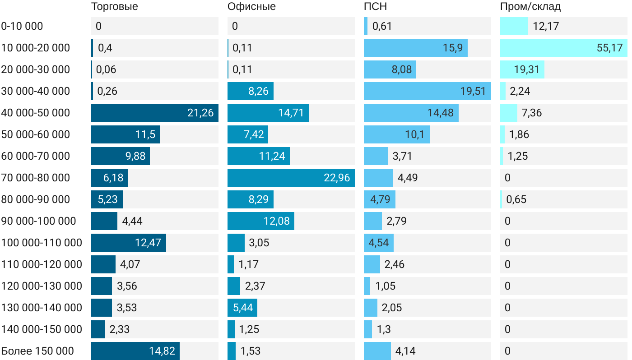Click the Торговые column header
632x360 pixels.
115,7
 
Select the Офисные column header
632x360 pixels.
251,7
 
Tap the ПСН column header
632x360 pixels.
376,7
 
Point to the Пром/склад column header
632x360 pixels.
530,7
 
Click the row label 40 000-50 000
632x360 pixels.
36,113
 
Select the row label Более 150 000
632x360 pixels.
37,351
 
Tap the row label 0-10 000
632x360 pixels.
22,26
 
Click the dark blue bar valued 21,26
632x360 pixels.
154,113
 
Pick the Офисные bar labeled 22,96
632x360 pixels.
291,178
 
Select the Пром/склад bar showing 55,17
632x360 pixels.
563,48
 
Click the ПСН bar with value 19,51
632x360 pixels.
427,91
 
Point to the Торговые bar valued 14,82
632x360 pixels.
135,351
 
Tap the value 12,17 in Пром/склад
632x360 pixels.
546,26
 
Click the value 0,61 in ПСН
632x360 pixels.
382,26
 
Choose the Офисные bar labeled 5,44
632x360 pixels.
242,308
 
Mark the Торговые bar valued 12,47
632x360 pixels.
128,243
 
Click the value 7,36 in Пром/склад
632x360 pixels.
531,113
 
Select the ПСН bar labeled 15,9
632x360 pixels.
415,48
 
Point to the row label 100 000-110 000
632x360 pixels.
42,243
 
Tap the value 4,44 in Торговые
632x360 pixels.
132,221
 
